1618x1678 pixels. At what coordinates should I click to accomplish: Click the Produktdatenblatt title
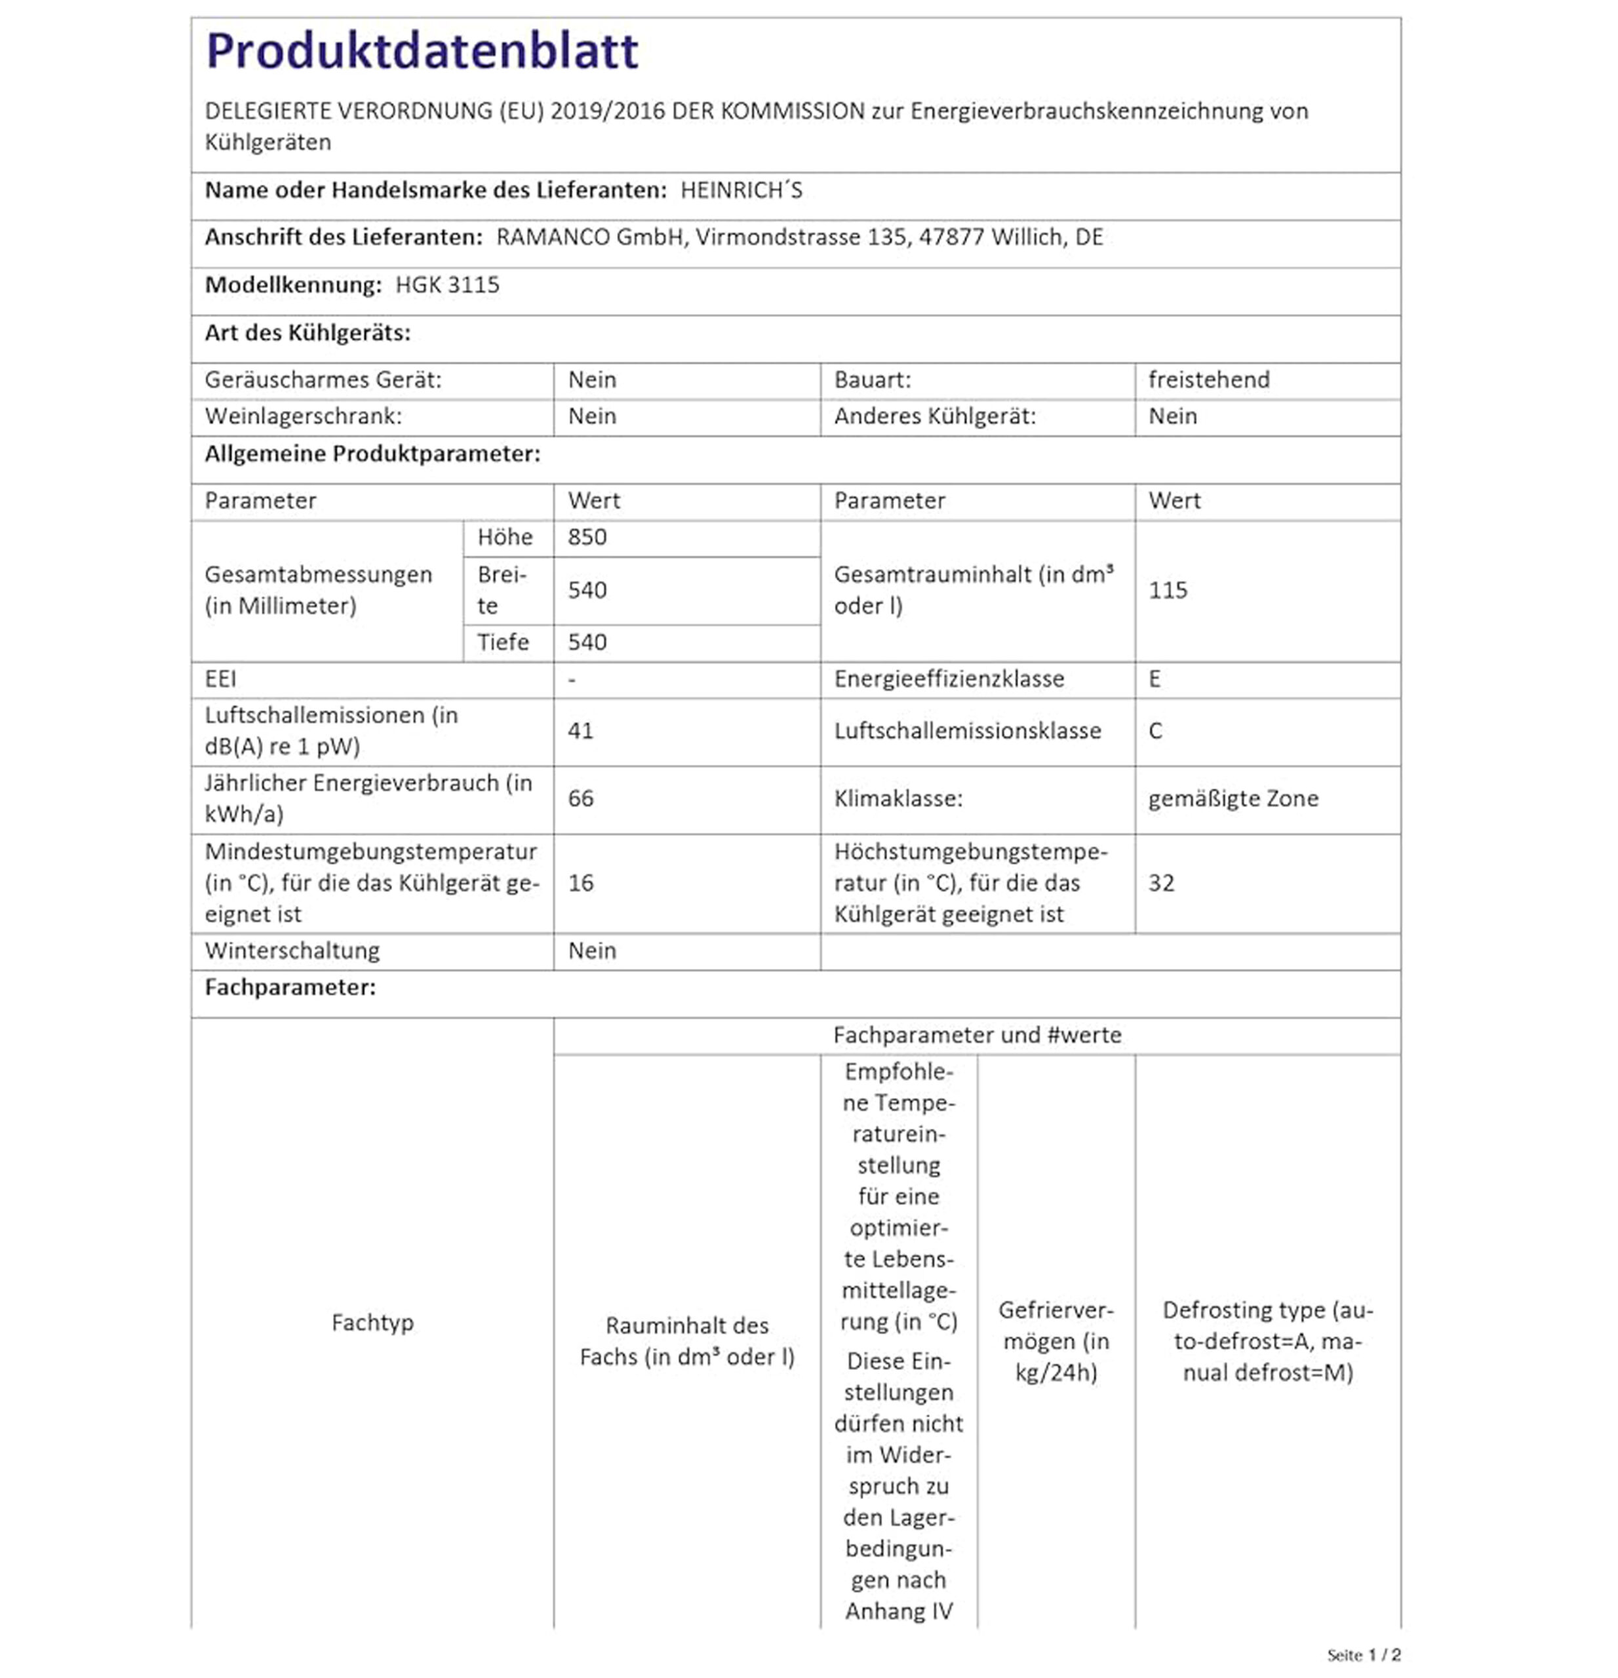point(422,51)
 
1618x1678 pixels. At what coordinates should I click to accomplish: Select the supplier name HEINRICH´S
point(741,190)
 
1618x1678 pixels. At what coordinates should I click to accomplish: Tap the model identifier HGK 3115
point(447,285)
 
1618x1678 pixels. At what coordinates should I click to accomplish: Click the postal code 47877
point(951,237)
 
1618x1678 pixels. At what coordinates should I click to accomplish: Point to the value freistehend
point(1209,380)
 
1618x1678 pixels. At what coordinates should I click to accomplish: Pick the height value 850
point(587,537)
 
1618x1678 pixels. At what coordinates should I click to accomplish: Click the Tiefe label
point(503,643)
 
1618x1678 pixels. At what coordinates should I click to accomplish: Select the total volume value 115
point(1168,591)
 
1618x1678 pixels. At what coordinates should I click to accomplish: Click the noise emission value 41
point(580,731)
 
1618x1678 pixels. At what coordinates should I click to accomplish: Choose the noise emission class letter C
point(1156,731)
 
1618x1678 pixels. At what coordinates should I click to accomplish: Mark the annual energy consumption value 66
point(580,799)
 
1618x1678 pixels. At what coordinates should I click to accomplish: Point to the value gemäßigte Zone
point(1233,799)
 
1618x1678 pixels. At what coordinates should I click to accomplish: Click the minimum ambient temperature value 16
point(580,884)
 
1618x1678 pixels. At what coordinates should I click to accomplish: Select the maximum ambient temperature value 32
point(1162,884)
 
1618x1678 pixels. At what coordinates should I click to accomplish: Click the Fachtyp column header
point(372,1323)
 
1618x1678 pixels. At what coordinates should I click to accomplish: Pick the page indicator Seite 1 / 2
point(1364,1655)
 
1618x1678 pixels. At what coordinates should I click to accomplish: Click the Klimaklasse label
point(898,799)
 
